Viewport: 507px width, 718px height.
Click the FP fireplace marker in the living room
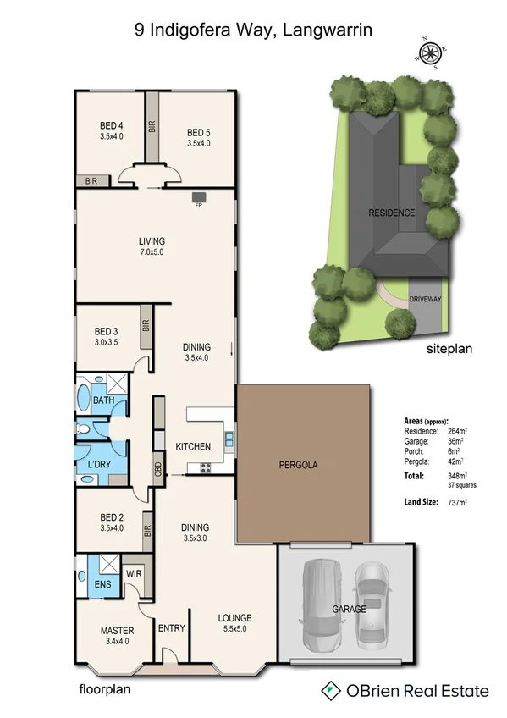tap(199, 203)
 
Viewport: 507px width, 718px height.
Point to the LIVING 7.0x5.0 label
tap(152, 246)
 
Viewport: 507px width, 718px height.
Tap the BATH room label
tap(104, 400)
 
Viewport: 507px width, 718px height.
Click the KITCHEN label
tap(192, 446)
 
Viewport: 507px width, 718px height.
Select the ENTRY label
tap(172, 627)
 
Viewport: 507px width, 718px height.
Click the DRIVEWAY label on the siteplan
tap(425, 299)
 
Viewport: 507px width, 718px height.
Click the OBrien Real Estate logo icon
tap(331, 691)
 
